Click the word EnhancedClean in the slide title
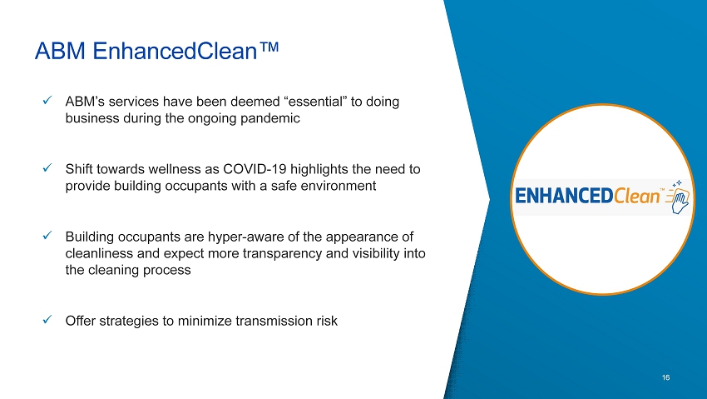[175, 51]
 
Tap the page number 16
[665, 377]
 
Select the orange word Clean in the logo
[636, 196]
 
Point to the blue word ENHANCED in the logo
[564, 197]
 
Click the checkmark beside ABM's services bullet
[47, 100]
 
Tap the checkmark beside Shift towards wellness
[47, 168]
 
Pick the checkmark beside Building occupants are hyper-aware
[47, 236]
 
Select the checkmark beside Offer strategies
[47, 320]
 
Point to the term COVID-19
[255, 169]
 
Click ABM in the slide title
[60, 51]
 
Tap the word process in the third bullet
[167, 271]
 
